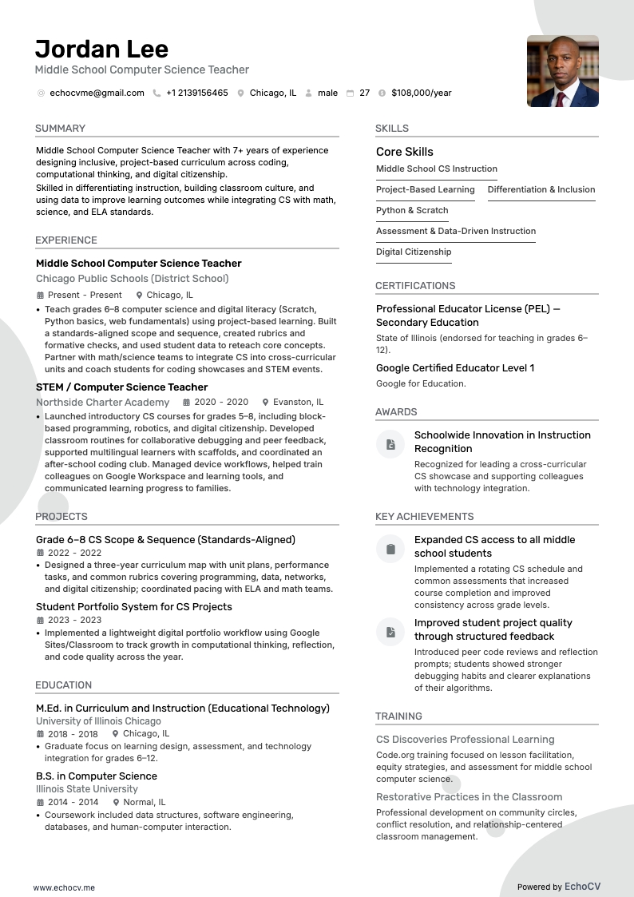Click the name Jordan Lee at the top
point(101,49)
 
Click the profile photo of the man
point(562,71)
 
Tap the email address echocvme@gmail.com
point(97,93)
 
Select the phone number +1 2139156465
point(196,93)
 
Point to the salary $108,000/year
point(421,93)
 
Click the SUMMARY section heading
point(60,128)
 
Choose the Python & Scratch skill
point(412,210)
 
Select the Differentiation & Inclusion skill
point(541,189)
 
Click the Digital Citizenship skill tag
point(414,252)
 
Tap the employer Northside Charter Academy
point(102,402)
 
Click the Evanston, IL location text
point(298,402)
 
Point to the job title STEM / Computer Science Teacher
point(121,387)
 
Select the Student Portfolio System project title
point(133,606)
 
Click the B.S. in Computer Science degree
point(96,776)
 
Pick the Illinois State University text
point(86,788)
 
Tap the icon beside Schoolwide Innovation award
point(390,444)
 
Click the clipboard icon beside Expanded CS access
point(390,549)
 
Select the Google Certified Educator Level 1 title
point(454,367)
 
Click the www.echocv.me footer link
point(64,887)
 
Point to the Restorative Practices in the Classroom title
point(469,796)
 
